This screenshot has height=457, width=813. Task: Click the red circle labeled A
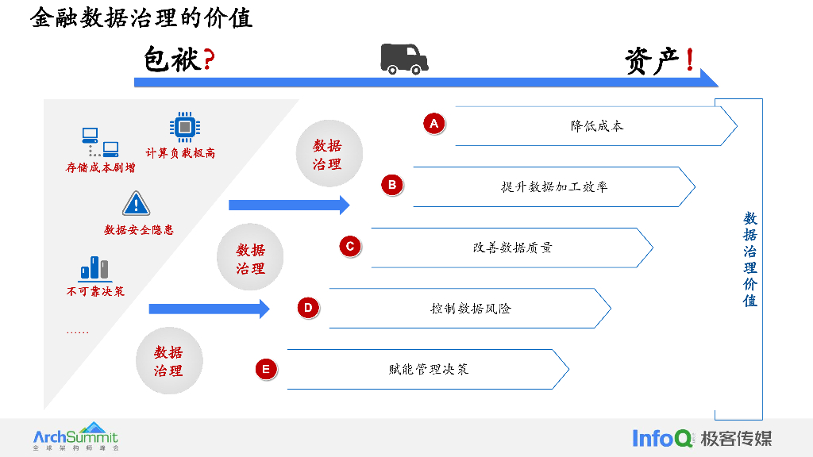point(433,124)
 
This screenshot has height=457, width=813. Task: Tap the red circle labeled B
point(391,185)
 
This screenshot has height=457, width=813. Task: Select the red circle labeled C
point(349,246)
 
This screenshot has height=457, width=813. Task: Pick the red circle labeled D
point(308,307)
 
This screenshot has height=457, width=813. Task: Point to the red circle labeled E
point(266,368)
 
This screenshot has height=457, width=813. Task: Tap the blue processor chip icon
point(184,127)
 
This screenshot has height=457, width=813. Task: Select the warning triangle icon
point(136,204)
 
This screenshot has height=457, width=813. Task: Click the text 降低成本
point(597,126)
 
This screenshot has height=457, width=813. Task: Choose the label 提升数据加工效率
point(554,187)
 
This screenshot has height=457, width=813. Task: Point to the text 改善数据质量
point(512,248)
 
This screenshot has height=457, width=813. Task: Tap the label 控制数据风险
point(470,309)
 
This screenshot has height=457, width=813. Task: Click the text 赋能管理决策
point(429,369)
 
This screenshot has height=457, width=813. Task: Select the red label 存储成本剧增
point(100,168)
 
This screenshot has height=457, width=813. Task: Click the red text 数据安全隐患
point(139,230)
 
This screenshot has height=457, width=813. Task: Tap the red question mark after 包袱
point(209,60)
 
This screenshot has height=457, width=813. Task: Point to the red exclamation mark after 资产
point(689,60)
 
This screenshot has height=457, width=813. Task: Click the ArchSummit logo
point(75,436)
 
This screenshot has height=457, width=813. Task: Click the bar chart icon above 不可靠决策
point(94,268)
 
